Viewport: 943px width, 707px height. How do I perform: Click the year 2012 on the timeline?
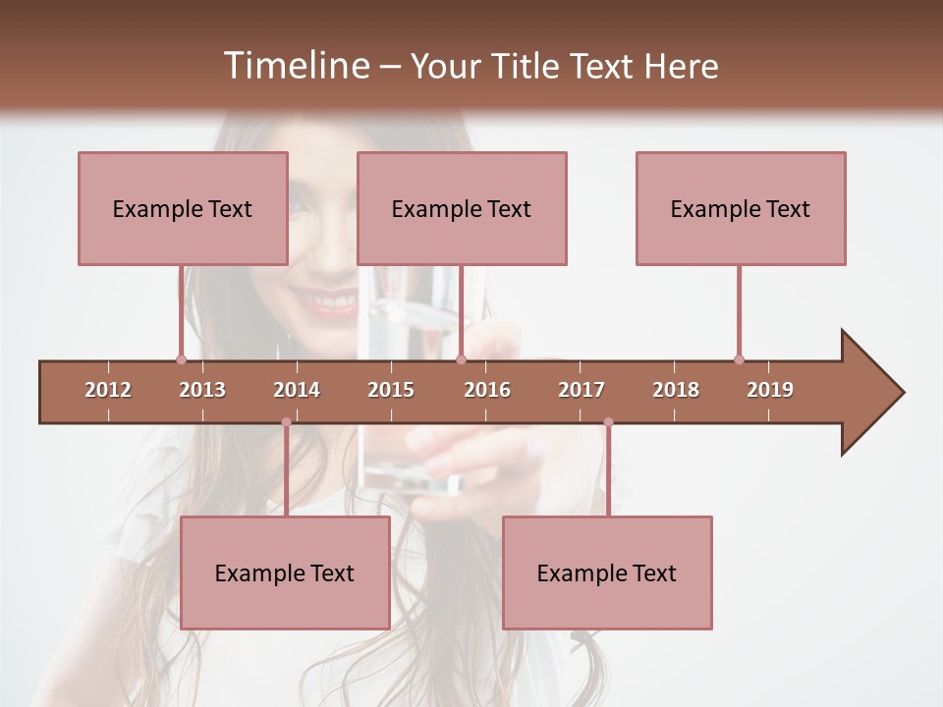[108, 390]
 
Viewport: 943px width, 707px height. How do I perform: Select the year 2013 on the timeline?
[202, 390]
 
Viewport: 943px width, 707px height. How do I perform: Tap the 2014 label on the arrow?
[297, 390]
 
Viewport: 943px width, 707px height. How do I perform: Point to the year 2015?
[391, 390]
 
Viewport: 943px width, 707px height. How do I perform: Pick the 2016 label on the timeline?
[487, 390]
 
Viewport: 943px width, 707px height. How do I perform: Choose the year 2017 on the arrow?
[582, 390]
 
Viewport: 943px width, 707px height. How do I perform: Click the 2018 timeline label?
[676, 390]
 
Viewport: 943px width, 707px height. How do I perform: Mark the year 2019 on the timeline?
[770, 390]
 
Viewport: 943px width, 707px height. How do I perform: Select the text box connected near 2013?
[183, 208]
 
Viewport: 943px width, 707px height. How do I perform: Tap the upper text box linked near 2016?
[462, 208]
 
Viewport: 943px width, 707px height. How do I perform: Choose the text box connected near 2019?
[741, 208]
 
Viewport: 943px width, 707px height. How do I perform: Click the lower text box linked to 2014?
[285, 572]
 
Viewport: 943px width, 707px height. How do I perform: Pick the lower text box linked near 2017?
[607, 572]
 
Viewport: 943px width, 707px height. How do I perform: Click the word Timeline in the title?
[295, 66]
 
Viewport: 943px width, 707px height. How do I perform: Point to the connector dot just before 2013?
[181, 359]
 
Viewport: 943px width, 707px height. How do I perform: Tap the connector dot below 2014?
[286, 422]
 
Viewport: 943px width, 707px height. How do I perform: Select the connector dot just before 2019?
[739, 359]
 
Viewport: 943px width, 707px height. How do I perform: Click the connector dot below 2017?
[608, 422]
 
